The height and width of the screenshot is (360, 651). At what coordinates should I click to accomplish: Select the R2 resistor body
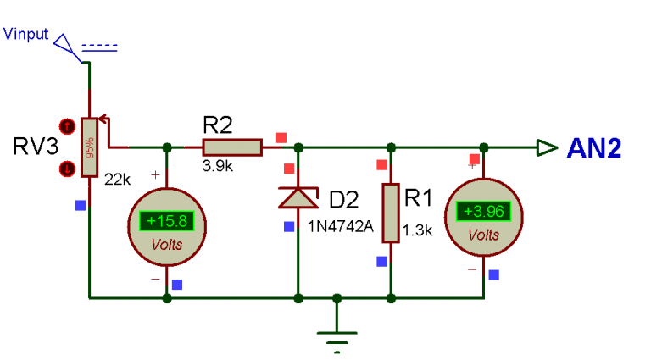(x=231, y=147)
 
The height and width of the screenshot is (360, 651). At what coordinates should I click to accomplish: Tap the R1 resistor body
(x=390, y=213)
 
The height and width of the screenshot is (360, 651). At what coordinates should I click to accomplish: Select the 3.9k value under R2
(x=217, y=167)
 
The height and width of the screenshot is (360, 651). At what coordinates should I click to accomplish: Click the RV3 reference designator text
(x=36, y=147)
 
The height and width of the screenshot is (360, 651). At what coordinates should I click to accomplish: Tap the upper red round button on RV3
(x=66, y=125)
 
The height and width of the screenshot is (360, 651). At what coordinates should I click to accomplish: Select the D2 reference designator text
(x=343, y=201)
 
